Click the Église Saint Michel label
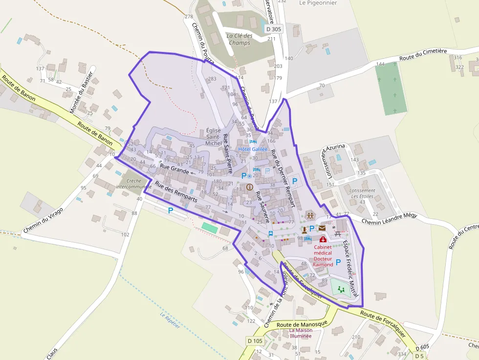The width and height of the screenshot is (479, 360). tap(214, 137)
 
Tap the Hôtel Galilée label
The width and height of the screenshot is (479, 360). tap(253, 148)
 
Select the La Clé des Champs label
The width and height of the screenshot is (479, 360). tap(239, 39)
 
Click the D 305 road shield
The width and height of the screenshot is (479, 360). tap(274, 29)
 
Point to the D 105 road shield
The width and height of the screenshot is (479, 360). tap(255, 340)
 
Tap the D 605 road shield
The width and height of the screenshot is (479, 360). tap(424, 347)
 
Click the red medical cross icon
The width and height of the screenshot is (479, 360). tap(322, 240)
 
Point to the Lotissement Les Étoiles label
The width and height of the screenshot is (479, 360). tap(363, 193)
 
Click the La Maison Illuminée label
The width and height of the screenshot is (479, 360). tap(300, 333)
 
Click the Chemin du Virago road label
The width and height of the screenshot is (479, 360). tap(44, 220)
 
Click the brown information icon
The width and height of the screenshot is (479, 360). tap(250, 187)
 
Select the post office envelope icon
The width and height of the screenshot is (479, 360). tap(322, 228)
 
